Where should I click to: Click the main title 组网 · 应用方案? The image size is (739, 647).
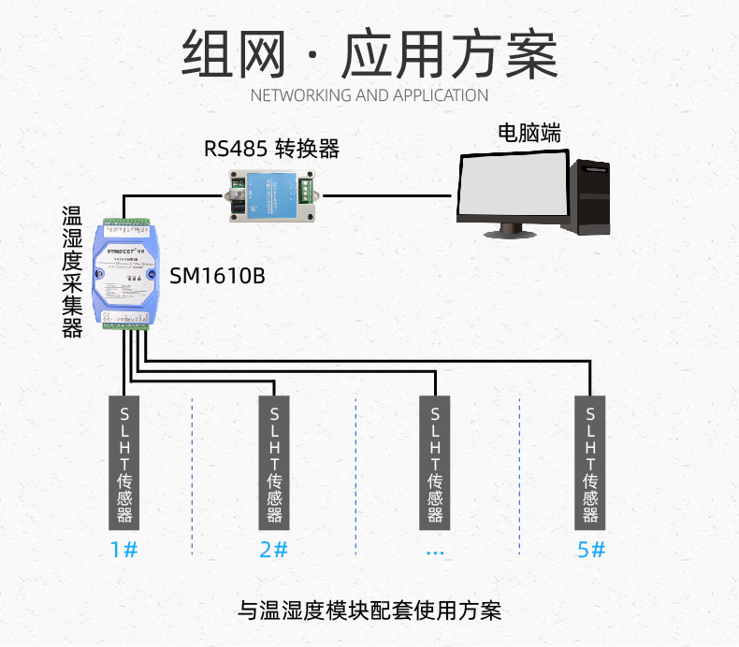369,53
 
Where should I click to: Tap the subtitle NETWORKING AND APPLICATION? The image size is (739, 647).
369,95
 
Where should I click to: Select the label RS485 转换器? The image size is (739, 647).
271,148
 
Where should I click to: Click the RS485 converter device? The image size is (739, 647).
272,194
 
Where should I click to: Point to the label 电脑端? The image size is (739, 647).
529,133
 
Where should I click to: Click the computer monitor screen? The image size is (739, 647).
514,186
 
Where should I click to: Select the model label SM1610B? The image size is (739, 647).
217,276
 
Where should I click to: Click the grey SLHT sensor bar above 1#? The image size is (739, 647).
123,463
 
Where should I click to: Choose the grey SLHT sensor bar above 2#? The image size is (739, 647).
274,463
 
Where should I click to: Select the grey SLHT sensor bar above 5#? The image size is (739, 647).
590,463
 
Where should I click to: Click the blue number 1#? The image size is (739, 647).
123,550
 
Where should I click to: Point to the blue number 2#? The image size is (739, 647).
273,550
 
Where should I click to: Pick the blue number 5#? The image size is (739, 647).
591,550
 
